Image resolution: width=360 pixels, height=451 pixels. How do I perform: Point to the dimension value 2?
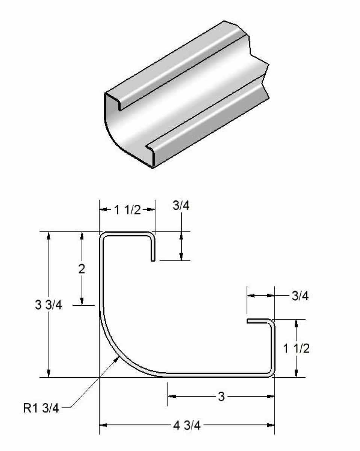tap(82, 269)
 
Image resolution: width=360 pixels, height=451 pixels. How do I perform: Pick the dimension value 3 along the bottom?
tap(221, 397)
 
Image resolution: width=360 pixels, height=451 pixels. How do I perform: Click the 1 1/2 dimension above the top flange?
tap(127, 210)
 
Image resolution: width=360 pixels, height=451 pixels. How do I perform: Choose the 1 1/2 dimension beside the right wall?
tap(296, 348)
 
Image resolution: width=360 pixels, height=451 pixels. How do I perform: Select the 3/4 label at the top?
tap(181, 207)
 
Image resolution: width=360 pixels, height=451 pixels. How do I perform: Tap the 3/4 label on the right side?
tap(300, 296)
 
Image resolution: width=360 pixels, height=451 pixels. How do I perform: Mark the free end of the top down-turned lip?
tap(153, 259)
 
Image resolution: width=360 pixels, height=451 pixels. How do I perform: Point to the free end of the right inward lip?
tap(248, 321)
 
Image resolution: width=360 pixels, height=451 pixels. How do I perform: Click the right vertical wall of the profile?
tap(272, 348)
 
